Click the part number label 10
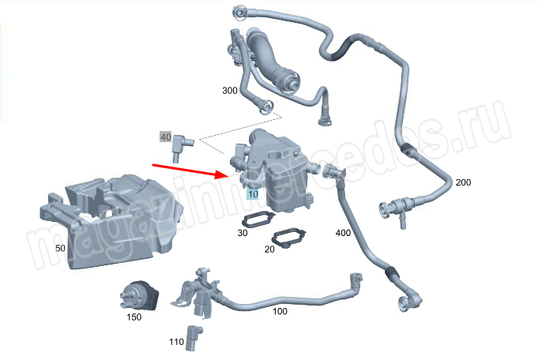253,194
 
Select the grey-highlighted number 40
166,137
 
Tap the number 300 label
230,91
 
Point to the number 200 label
463,182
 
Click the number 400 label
343,233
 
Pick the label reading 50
60,248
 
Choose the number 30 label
243,233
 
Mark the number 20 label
269,249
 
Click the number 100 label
280,311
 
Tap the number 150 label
134,317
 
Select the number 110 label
176,342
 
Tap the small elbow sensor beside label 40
181,146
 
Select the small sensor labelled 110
194,338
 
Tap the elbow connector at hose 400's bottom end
410,298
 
